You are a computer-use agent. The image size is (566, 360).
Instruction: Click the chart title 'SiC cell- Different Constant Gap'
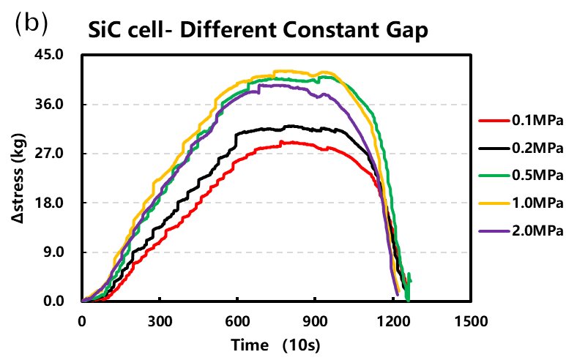coord(256,31)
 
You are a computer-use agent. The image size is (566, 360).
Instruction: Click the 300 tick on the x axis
coord(159,320)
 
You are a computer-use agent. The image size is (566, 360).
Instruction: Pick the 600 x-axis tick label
coord(237,320)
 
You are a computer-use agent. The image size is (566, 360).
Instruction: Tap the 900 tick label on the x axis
coord(314,320)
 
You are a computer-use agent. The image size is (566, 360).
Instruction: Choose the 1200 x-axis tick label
coord(392,320)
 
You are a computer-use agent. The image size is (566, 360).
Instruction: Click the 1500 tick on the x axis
coord(469,320)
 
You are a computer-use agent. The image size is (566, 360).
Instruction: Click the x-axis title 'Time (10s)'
coord(275,343)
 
